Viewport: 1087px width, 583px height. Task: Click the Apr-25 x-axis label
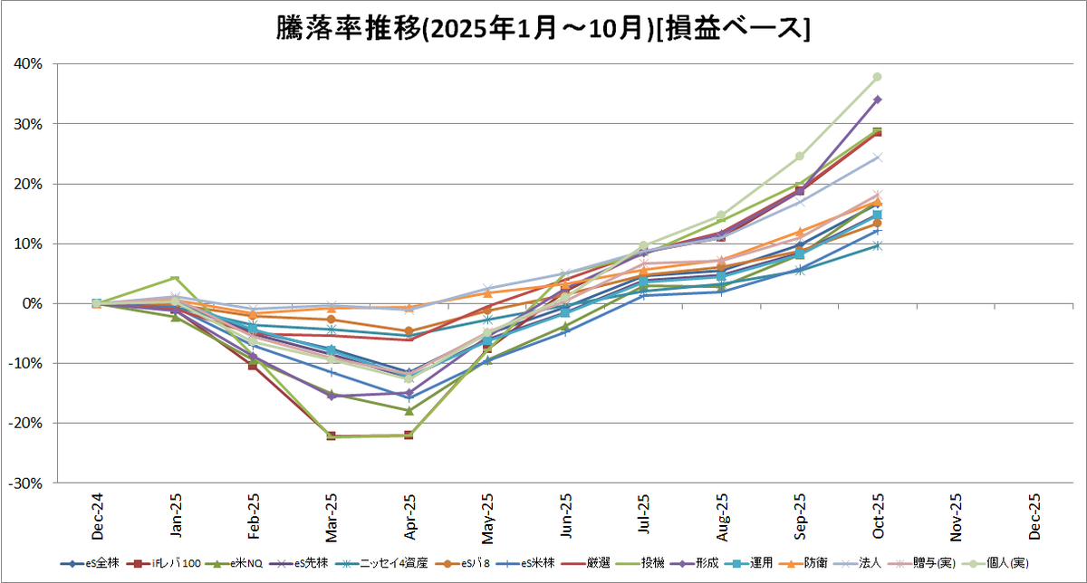[x=409, y=517]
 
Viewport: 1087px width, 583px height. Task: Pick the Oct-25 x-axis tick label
[x=878, y=517]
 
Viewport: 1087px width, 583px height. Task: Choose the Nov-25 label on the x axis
[x=956, y=517]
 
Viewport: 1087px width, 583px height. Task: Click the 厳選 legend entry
[x=597, y=563]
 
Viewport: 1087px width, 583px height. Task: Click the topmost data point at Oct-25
[x=878, y=77]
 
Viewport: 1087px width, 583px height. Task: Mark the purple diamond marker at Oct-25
[x=878, y=100]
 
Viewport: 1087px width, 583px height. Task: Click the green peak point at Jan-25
[x=174, y=278]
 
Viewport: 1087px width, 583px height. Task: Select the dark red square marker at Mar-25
[x=331, y=436]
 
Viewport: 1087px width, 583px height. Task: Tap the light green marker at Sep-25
[x=800, y=157]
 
